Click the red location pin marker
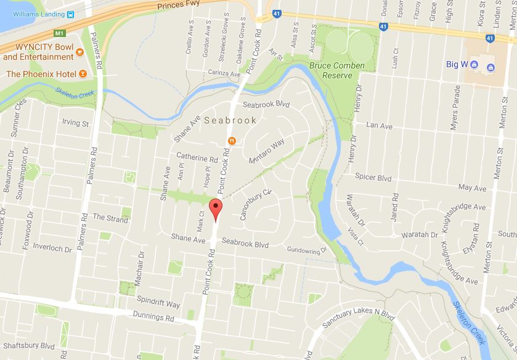(x=215, y=209)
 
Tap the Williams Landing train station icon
(x=72, y=14)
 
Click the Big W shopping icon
(x=474, y=63)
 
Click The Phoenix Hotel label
(x=40, y=74)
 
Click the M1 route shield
(x=59, y=32)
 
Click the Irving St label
(x=75, y=123)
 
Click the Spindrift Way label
(x=159, y=305)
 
